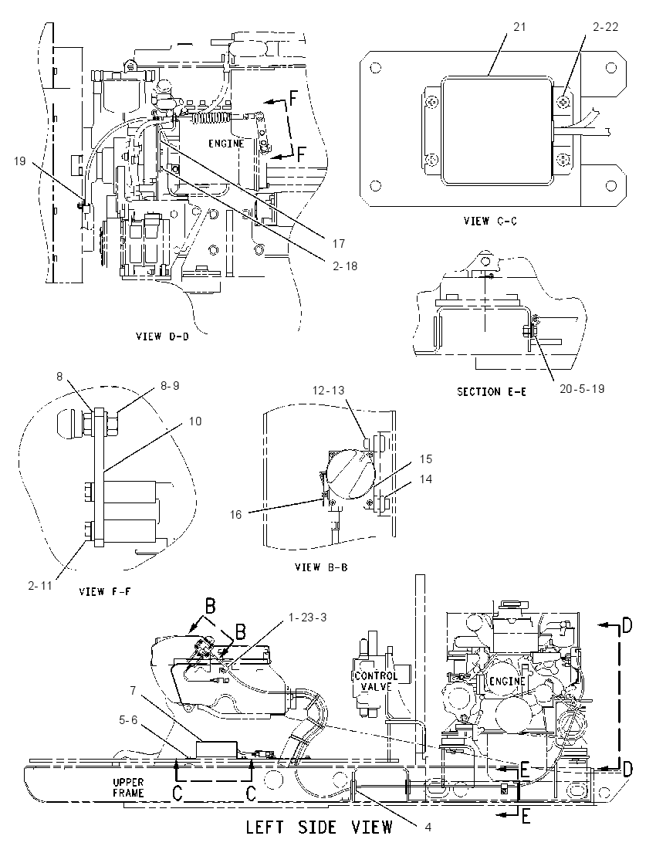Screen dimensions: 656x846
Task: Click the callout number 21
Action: click(x=519, y=26)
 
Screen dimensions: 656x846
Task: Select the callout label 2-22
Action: click(x=605, y=26)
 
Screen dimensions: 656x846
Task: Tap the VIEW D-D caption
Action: click(x=162, y=336)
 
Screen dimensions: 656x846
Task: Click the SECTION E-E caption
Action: click(x=492, y=391)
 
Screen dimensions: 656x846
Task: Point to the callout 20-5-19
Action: click(x=582, y=388)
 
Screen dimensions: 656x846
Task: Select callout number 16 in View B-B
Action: click(x=235, y=514)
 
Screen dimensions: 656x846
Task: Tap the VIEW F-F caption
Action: click(x=105, y=591)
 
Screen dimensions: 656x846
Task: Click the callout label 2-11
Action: click(x=40, y=585)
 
